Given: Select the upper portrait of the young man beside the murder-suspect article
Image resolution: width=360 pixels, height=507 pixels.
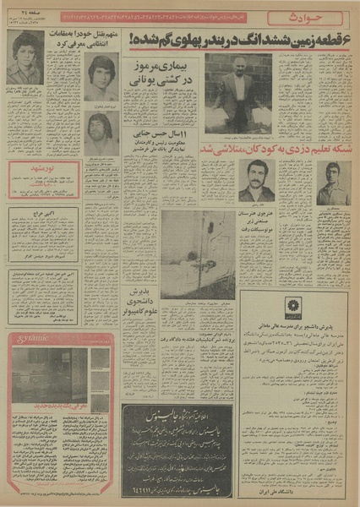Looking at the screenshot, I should point(101,77).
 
